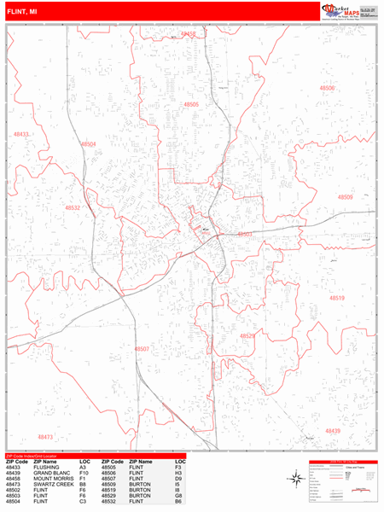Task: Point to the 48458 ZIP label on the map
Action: [x=189, y=34]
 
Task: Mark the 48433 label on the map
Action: [x=21, y=134]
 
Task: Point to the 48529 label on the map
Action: [x=247, y=336]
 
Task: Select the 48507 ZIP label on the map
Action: [x=142, y=349]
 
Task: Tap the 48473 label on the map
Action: [x=45, y=436]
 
